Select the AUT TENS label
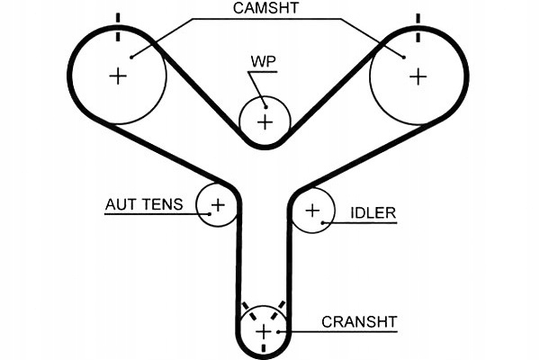pos(144,205)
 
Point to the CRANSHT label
pos(359,320)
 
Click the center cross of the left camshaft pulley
pos(118,76)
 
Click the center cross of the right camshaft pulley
pos(417,76)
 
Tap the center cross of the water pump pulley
pos(265,121)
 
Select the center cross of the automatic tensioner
pos(217,205)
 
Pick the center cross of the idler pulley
pos(312,211)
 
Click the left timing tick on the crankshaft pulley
pos(246,308)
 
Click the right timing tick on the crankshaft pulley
pos(281,308)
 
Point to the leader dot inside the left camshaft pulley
pos(131,57)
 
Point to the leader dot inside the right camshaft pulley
pos(403,57)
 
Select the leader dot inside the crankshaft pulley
pos(281,333)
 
